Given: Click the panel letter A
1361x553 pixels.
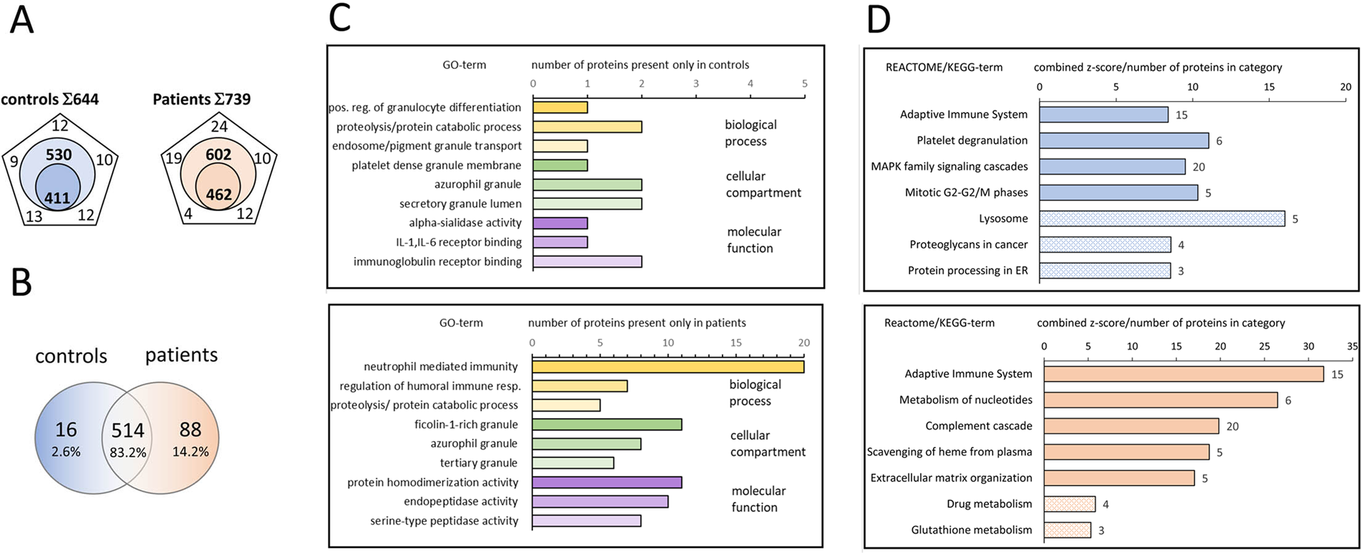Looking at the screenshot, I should (22, 20).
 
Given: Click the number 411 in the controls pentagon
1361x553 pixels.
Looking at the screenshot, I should (57, 198).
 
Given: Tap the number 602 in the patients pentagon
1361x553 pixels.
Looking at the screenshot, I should (218, 154).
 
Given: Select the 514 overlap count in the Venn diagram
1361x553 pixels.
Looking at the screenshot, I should (127, 430).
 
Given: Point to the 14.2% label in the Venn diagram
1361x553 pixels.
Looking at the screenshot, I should (190, 452).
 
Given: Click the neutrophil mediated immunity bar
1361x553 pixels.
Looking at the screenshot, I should (667, 367).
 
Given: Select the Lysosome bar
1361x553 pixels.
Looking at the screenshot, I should (1161, 218).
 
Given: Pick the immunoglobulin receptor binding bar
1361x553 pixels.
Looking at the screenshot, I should (587, 261).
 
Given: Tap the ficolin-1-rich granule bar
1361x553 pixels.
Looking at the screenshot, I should (606, 424).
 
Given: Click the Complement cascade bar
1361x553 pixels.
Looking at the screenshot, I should (1130, 426).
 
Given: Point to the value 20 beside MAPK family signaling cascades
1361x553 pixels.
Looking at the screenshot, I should (1198, 167).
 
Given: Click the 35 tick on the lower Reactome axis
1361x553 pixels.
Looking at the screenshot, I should (1352, 346).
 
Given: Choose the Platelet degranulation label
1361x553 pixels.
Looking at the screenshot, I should (972, 140).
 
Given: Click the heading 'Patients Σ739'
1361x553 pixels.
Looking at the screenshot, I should (201, 99).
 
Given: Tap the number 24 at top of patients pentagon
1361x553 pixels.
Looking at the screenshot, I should (219, 127).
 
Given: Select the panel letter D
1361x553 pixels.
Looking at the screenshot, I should (878, 20).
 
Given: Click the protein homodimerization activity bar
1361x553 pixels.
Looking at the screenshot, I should (606, 483).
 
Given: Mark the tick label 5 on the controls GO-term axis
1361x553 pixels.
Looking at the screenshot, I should (804, 84).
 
